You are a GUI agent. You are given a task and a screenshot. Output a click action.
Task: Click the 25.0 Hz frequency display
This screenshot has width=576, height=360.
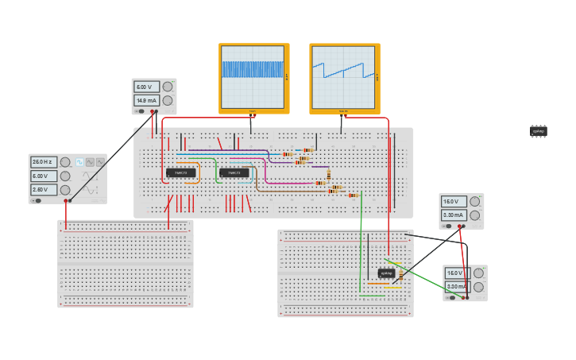43,162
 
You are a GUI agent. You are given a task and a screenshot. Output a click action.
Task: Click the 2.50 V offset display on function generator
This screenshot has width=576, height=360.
43,190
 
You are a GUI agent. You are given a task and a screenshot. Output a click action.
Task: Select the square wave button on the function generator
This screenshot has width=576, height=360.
90,162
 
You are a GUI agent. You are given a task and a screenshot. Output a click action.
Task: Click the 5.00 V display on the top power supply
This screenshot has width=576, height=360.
145,87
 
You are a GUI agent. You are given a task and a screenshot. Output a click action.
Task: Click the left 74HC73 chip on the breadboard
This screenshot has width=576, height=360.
180,172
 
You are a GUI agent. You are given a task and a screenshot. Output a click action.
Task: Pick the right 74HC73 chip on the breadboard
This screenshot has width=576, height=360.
234,172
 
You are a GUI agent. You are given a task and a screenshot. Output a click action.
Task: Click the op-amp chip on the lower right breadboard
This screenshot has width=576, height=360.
387,273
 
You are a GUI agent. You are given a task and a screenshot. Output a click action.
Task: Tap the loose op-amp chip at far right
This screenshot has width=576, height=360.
539,130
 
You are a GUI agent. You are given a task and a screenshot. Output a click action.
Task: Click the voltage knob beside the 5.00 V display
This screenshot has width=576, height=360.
167,87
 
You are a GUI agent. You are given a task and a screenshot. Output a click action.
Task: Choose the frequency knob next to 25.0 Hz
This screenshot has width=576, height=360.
65,162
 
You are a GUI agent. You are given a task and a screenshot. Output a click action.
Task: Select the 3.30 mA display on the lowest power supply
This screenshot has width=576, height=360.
457,287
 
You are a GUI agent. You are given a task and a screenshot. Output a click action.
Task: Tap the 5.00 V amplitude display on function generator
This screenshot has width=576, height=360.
43,176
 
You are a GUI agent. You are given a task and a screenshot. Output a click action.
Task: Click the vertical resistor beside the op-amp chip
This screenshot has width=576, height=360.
401,274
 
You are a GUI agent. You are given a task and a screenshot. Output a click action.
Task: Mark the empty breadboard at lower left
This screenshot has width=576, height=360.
125,264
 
